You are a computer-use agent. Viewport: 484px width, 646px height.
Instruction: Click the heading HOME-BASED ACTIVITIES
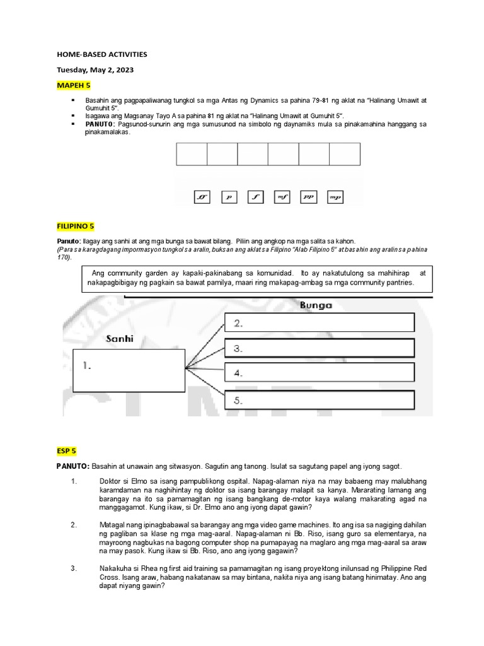click(x=101, y=54)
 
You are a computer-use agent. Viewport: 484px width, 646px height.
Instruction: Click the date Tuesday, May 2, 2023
click(x=96, y=70)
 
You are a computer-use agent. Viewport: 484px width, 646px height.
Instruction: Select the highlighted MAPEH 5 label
click(x=74, y=85)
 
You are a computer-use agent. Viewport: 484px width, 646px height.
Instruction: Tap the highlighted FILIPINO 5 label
click(x=76, y=226)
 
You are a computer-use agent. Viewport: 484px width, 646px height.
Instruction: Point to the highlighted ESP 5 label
click(x=66, y=450)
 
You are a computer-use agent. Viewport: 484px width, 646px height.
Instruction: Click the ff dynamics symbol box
click(x=201, y=197)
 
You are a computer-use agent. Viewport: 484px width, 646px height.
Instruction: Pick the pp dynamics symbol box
click(x=309, y=197)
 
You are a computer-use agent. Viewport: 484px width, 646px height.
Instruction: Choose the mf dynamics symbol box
click(x=282, y=197)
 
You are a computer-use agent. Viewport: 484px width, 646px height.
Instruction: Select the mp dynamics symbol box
click(x=335, y=197)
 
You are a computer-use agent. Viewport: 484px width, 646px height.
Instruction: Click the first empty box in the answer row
click(x=192, y=154)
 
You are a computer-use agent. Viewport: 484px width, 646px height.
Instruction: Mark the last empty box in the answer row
click(x=345, y=154)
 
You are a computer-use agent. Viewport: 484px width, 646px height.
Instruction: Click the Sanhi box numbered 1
click(x=128, y=370)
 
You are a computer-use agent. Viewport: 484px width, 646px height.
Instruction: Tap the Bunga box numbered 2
click(x=320, y=322)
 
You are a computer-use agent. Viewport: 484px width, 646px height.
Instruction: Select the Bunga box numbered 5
click(x=320, y=399)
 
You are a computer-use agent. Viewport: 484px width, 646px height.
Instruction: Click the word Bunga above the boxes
click(x=316, y=305)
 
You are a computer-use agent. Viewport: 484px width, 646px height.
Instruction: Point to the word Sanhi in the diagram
click(x=120, y=339)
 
